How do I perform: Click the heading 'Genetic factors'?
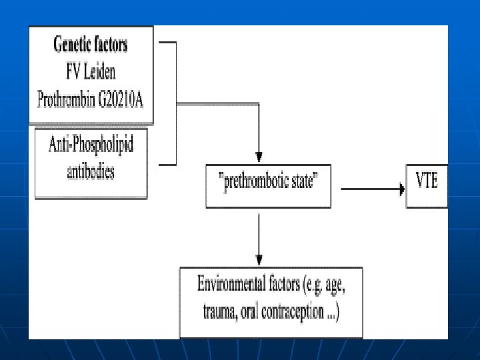(91, 45)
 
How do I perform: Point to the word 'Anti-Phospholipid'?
(91, 146)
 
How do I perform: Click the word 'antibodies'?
(91, 171)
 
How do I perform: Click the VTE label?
(427, 181)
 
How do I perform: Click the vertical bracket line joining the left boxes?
(176, 103)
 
